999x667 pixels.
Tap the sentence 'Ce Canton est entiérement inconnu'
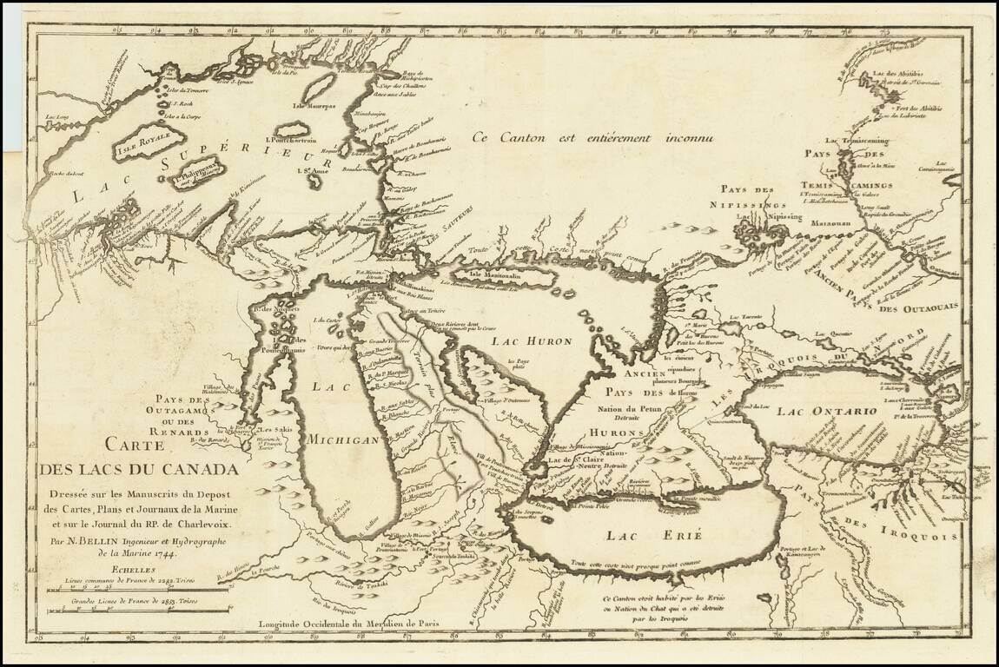pyautogui.click(x=592, y=136)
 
